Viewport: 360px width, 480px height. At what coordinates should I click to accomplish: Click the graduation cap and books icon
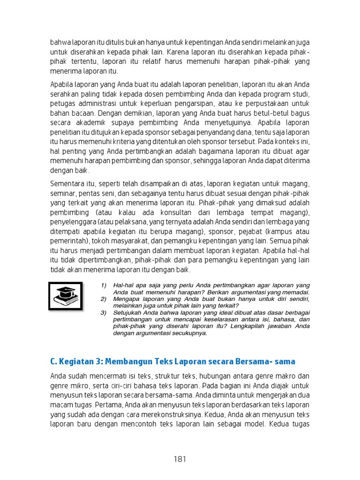[66, 296]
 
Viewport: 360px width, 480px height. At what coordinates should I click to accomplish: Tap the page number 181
[180, 459]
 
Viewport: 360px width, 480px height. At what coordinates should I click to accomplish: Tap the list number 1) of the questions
[104, 285]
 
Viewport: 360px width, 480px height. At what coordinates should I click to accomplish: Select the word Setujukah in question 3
[128, 313]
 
